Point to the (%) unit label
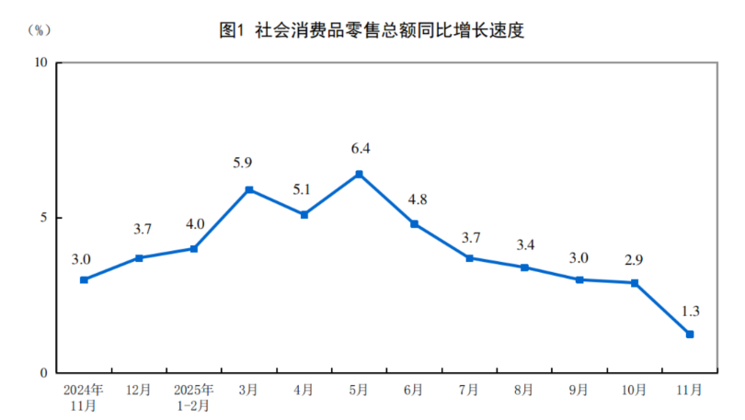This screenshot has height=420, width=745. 39,29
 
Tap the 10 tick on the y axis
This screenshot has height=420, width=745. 40,62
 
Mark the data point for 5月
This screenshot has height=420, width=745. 359,174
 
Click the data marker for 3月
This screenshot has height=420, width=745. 249,189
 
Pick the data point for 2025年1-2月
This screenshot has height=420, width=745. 194,248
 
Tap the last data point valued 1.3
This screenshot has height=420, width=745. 690,334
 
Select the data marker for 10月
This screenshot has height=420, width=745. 635,283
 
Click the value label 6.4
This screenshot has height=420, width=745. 360,148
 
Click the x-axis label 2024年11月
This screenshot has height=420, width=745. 84,397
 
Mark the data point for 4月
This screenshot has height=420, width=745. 304,214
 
